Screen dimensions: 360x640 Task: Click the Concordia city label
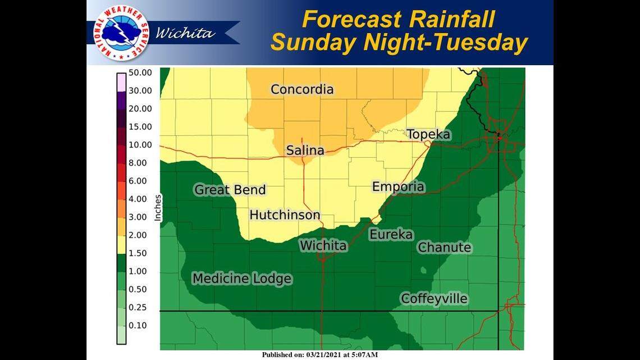302,89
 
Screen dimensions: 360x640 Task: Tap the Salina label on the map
305,151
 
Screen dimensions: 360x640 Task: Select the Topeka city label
428,134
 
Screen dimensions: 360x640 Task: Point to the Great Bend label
230,190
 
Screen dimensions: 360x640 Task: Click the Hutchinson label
285,215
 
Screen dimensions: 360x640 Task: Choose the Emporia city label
399,187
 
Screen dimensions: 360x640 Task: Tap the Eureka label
391,235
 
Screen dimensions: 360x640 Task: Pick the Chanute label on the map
445,248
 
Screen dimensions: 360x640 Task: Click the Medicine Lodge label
242,279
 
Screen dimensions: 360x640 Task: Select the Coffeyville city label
434,299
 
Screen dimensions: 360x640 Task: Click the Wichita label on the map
323,246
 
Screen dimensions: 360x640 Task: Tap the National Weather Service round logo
121,33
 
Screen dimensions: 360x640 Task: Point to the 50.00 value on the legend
140,72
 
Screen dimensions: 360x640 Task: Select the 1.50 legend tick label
138,253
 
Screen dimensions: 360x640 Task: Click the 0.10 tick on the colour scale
138,326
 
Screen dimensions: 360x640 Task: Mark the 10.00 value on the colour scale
140,145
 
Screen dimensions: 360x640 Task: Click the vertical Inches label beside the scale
158,208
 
